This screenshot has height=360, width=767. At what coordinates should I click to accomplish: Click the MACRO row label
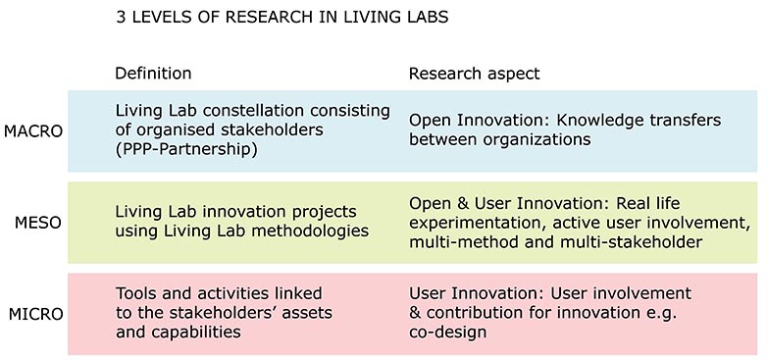click(33, 130)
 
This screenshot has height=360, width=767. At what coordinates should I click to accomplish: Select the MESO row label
click(38, 222)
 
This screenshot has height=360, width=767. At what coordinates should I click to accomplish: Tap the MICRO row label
click(35, 314)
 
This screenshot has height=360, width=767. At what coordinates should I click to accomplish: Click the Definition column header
click(153, 74)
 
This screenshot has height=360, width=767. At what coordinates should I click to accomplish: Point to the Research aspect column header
click(475, 74)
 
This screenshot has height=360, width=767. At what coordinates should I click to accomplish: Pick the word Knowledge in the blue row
click(600, 120)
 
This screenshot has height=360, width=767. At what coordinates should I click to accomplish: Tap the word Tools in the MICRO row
click(136, 293)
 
